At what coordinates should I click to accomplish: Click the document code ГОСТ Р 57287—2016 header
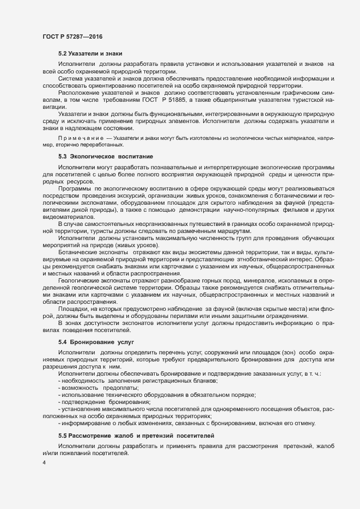coord(72,36)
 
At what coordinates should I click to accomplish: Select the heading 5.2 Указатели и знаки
coord(90,53)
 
